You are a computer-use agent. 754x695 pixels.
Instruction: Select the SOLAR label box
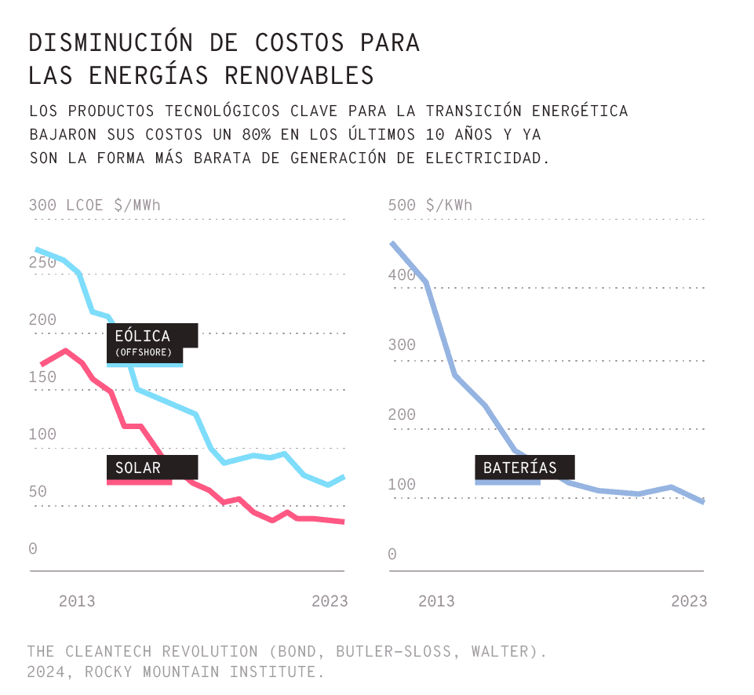[152, 468]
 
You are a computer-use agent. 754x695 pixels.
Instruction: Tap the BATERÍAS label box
[524, 468]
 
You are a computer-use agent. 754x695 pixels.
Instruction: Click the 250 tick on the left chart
[43, 262]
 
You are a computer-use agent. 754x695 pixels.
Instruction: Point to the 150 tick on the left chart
[43, 377]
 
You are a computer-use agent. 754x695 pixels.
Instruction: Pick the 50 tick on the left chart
[38, 492]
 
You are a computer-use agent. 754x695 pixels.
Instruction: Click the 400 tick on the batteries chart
[402, 275]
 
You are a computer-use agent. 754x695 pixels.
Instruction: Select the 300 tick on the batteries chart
[402, 345]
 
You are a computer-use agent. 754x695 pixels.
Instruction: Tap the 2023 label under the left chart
[330, 601]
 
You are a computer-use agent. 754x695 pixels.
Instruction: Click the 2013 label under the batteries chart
[436, 601]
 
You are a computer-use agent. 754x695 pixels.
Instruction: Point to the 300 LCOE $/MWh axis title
[94, 206]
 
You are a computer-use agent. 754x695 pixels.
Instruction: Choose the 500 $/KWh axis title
[431, 206]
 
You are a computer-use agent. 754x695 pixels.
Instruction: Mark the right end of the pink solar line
[344, 522]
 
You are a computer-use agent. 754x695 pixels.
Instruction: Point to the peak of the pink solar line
[66, 351]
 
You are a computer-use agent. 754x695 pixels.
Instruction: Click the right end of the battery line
[703, 502]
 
